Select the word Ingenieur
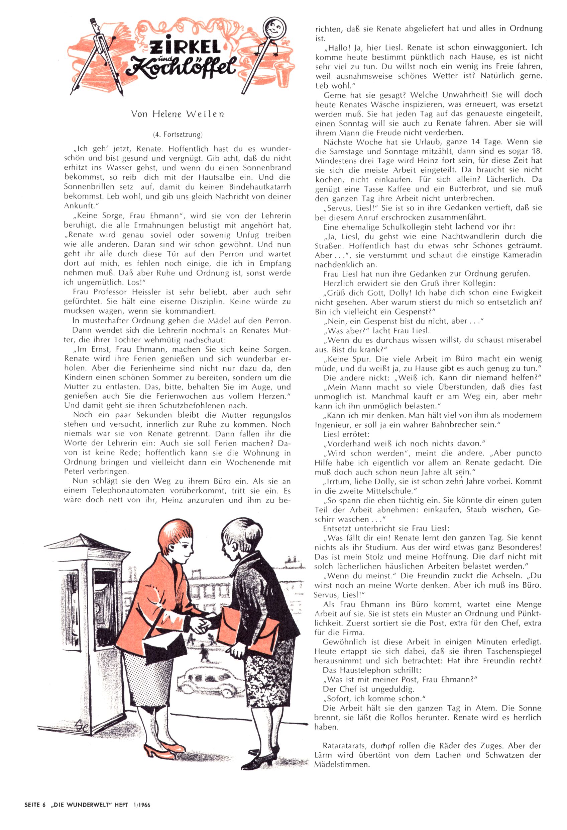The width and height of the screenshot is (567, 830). click(x=332, y=425)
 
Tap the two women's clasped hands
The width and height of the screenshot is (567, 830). click(x=202, y=623)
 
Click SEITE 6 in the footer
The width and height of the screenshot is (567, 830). click(x=35, y=805)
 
